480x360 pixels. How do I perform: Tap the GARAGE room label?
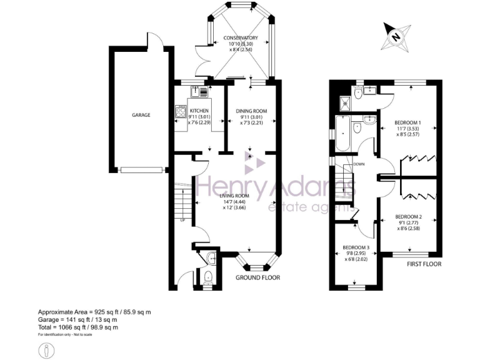pyautogui.click(x=140, y=115)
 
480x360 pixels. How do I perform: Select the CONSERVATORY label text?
pyautogui.click(x=241, y=38)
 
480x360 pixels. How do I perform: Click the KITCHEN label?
pyautogui.click(x=199, y=111)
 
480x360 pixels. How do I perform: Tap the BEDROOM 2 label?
pyautogui.click(x=408, y=217)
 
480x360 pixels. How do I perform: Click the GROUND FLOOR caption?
pyautogui.click(x=257, y=277)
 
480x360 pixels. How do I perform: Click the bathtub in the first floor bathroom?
pyautogui.click(x=343, y=134)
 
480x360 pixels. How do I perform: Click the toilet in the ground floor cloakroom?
pyautogui.click(x=206, y=276)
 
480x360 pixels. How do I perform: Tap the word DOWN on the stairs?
pyautogui.click(x=359, y=164)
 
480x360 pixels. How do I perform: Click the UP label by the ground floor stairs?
pyautogui.click(x=182, y=219)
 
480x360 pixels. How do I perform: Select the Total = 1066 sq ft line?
pyautogui.click(x=78, y=327)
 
